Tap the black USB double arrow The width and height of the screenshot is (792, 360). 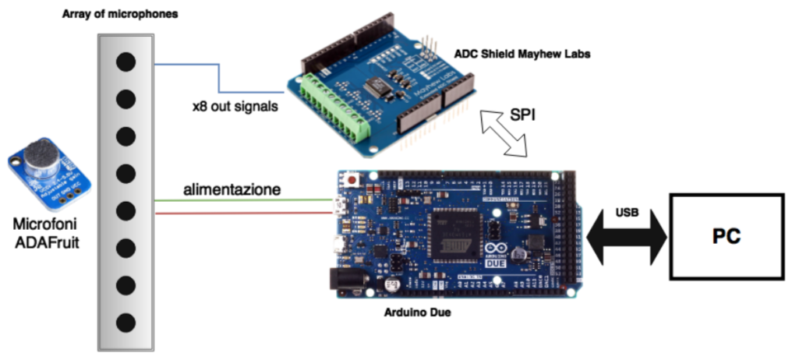[626, 235]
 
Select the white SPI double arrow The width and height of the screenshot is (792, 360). [504, 133]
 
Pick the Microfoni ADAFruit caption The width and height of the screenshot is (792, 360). [46, 231]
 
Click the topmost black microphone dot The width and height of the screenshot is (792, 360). [126, 62]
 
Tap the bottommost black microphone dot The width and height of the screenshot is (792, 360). [126, 321]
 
